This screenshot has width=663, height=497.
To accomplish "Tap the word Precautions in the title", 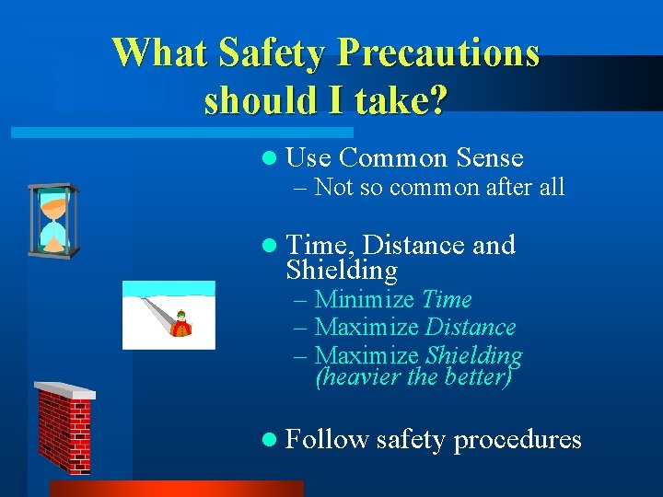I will click(438, 52).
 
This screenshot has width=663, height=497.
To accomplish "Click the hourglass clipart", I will click(54, 221).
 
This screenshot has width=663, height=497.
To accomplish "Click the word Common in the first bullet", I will click(394, 158).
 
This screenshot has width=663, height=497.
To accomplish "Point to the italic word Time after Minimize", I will click(448, 300).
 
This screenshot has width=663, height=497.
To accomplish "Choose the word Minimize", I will click(366, 300).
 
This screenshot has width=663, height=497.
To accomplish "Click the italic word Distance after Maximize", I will click(471, 328).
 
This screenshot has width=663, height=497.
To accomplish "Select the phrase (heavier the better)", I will click(413, 377).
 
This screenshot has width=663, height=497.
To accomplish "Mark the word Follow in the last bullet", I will click(327, 439).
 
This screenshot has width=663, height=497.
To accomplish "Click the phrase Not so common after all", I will click(438, 188).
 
